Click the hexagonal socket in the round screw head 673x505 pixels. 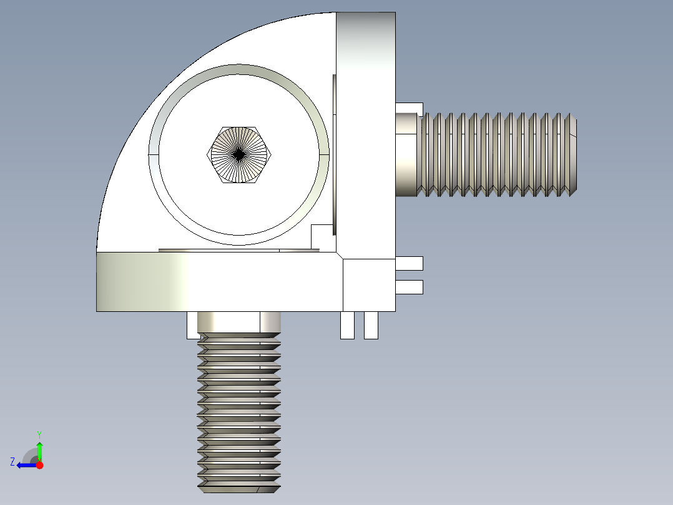237,155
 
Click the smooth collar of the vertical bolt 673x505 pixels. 239,322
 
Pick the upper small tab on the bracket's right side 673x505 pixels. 410,263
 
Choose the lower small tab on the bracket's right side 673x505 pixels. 410,287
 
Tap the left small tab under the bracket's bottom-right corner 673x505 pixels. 347,325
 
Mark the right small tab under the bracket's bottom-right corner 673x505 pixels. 371,325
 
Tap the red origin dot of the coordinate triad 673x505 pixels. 39,465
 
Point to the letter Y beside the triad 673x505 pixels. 39,434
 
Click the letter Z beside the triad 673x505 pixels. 12,462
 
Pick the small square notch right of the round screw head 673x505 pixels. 322,236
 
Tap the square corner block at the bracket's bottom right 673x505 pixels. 368,284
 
